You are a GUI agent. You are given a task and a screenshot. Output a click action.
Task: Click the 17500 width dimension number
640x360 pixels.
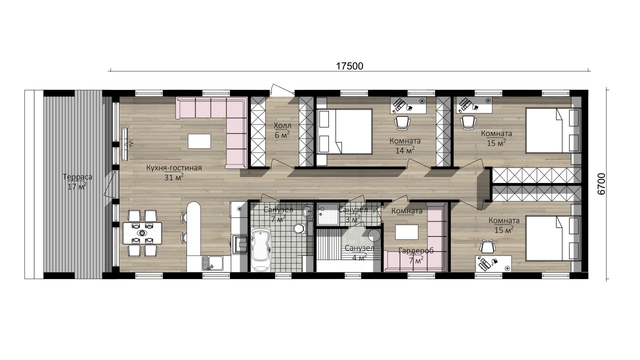point(349,66)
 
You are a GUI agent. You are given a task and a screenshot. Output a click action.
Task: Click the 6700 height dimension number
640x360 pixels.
point(601,184)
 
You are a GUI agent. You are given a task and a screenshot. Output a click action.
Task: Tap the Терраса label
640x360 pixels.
point(77,177)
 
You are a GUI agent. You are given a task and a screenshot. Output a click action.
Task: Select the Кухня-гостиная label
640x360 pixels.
point(174,167)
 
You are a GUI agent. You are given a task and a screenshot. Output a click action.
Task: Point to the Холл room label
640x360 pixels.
point(282,125)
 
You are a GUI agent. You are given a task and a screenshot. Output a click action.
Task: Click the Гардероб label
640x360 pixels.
point(416,251)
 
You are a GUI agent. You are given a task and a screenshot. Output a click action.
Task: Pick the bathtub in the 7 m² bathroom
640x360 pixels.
point(260,249)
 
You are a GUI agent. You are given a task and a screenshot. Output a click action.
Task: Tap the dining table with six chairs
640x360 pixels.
point(142,233)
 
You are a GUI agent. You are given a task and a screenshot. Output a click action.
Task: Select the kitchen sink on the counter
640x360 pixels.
point(212,263)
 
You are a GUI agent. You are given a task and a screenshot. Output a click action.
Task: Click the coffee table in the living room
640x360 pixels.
point(199,141)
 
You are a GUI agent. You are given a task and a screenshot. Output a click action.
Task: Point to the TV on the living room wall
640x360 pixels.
point(124,144)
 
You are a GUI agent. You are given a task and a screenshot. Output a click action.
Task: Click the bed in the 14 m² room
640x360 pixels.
point(344,131)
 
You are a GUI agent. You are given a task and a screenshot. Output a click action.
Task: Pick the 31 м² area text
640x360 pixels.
point(173,177)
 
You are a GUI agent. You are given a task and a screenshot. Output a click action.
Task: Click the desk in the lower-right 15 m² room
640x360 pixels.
point(493,263)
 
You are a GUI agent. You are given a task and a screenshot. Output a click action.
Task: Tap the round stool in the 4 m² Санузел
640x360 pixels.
point(374,235)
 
